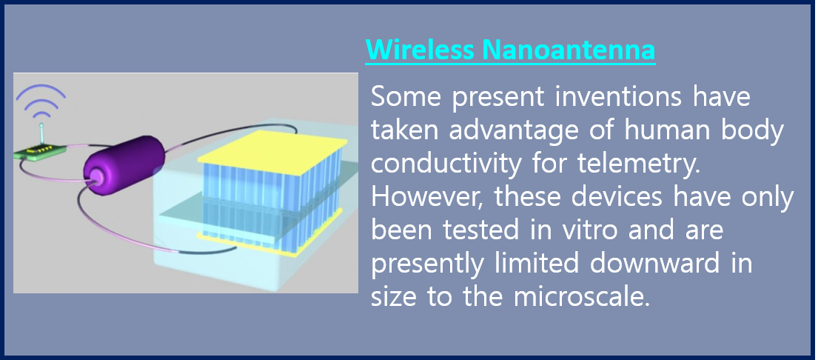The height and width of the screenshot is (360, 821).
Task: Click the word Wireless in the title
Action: [420, 50]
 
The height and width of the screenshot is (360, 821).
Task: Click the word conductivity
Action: [455, 164]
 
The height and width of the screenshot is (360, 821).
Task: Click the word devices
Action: [603, 198]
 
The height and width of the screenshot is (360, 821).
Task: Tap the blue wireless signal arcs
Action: [41, 100]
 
